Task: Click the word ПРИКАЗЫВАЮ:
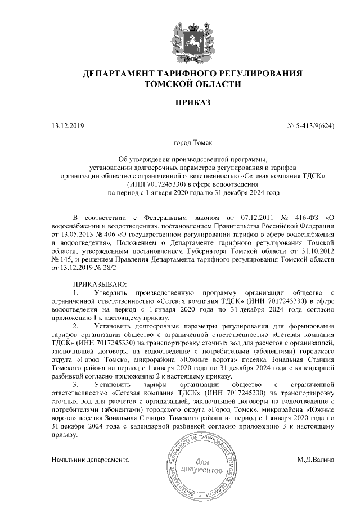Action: point(101,285)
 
